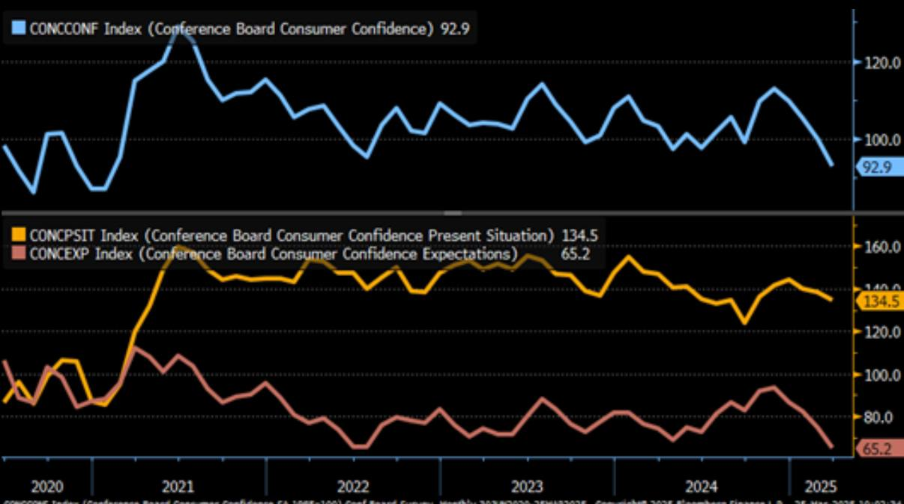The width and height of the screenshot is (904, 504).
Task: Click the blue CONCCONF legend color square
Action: coord(18,28)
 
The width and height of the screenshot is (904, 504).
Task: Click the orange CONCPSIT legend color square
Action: coord(18,235)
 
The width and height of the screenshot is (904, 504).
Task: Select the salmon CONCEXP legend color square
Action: coord(18,253)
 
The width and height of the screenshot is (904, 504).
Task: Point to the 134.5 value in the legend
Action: coord(579,235)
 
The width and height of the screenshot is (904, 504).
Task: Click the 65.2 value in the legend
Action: coord(575,253)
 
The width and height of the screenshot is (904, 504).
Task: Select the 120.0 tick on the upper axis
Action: coord(882,62)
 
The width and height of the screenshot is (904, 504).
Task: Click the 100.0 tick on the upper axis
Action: coord(882,139)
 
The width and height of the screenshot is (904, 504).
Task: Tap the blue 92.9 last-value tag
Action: coord(876,167)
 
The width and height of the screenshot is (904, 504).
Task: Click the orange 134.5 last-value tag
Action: coord(878,301)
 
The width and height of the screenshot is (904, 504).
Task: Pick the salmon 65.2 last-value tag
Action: coord(878,449)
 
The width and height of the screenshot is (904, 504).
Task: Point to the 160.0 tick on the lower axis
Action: coord(882,247)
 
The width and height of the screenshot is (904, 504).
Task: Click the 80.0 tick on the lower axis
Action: coord(882,417)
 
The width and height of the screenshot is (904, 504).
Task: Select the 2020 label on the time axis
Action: coord(46,485)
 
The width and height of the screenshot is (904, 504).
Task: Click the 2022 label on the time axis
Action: coord(353,485)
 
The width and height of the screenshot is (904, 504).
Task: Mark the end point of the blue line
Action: coord(831,165)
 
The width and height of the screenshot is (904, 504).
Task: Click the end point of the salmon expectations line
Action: coord(831,447)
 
